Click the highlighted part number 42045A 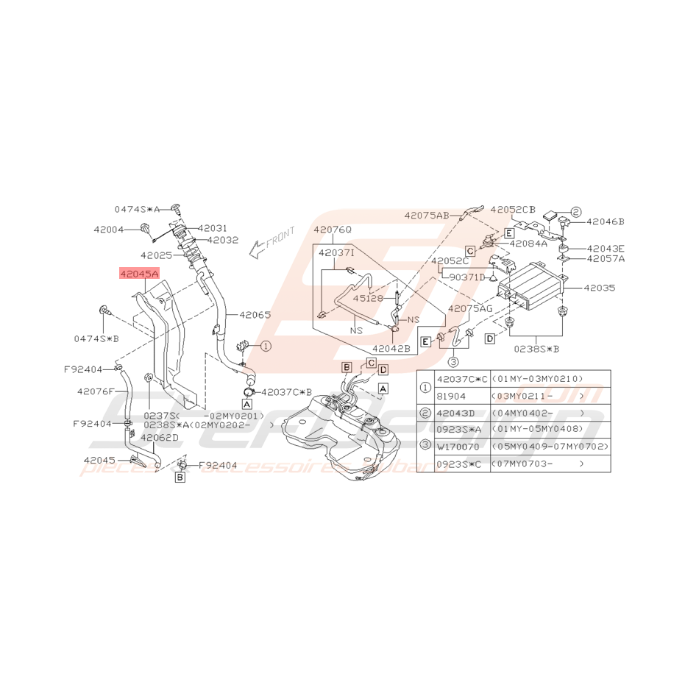tap(140, 274)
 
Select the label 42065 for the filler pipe tap(255, 315)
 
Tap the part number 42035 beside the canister tap(600, 289)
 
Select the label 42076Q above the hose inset tap(333, 230)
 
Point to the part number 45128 tap(368, 298)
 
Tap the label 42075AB tap(425, 216)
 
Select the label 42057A tap(606, 258)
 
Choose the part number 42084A tap(528, 244)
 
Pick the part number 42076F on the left tap(96, 391)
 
